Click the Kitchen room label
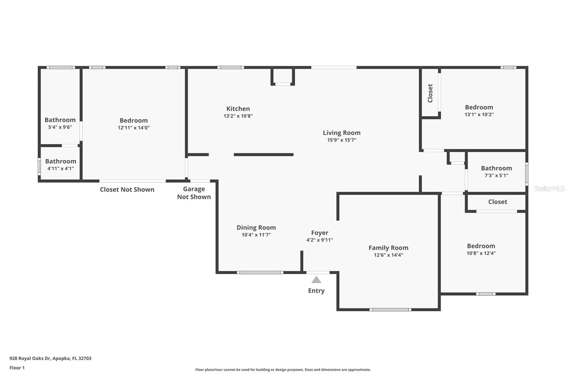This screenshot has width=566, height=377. point(238,109)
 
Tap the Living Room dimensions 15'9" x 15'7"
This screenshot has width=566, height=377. point(341,140)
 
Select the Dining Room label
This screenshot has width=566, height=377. point(256,227)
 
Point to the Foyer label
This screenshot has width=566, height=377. point(319,233)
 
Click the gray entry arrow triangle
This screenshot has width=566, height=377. point(316,280)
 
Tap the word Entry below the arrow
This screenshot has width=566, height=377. point(316,291)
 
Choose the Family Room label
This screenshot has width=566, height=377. point(388,248)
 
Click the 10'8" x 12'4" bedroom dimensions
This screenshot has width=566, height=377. point(481,253)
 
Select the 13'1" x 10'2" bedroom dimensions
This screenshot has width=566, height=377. point(479,115)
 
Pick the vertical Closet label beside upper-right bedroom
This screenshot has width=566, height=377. point(430,93)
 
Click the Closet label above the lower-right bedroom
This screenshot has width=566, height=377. point(497,202)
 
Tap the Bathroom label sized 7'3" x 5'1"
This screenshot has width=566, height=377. point(496,168)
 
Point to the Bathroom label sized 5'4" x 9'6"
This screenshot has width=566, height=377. point(60,120)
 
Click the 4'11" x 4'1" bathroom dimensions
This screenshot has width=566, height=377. point(60,169)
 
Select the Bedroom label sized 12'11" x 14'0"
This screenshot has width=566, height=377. point(133,121)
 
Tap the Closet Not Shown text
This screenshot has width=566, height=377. point(127,190)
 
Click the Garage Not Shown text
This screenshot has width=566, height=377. point(194,193)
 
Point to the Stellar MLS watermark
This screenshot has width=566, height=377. point(549,188)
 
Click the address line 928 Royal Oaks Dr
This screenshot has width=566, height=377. point(50,358)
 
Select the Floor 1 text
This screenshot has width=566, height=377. point(17,368)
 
